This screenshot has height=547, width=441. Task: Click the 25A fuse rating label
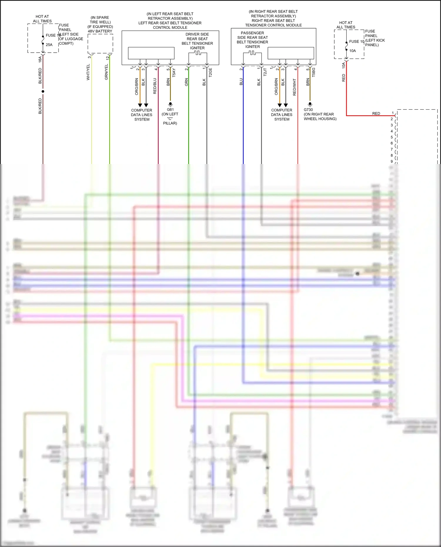coord(49,45)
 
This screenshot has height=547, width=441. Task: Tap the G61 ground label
coord(170,110)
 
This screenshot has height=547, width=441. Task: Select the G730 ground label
coord(308,110)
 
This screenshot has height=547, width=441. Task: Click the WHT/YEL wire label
coord(88,72)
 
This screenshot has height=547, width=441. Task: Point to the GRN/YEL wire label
coord(106,72)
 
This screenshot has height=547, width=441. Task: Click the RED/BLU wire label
coord(155,86)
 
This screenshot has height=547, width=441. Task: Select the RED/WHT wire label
coord(295,87)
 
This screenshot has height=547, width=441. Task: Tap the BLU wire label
coord(241,82)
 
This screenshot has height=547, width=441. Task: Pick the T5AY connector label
coord(174,73)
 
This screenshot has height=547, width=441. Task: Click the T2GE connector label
coord(210,73)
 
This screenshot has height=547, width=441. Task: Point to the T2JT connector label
coord(265,72)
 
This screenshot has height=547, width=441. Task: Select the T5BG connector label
coord(313,72)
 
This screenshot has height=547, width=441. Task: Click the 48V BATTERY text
coord(100,31)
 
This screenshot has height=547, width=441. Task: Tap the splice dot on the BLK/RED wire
coord(43,91)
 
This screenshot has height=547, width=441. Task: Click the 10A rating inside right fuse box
coord(353,51)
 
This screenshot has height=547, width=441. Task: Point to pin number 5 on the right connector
coord(392,137)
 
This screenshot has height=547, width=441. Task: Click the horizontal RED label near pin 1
coord(376,113)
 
